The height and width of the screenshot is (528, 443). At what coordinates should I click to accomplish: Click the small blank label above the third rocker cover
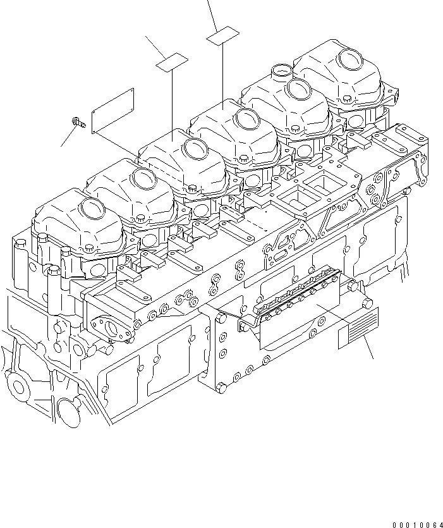(x=172, y=61)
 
